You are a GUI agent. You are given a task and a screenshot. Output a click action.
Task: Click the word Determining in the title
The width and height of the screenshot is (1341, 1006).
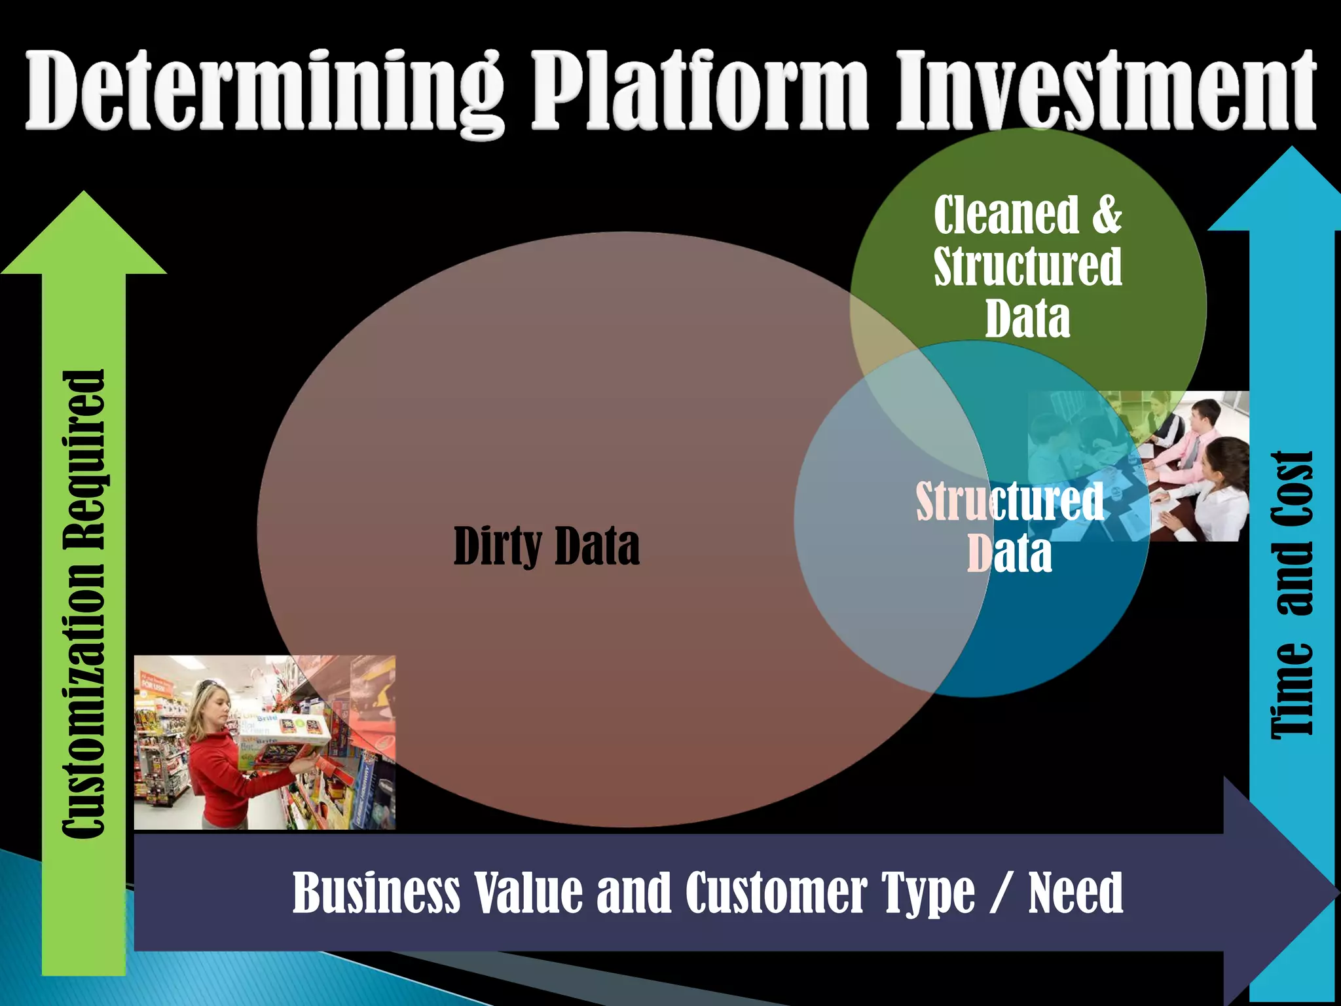click(x=265, y=92)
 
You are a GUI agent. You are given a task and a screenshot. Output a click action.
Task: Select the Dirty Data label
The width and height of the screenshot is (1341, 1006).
click(x=546, y=546)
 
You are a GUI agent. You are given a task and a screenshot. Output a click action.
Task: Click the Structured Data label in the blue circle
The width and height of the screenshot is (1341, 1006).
click(x=1010, y=528)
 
